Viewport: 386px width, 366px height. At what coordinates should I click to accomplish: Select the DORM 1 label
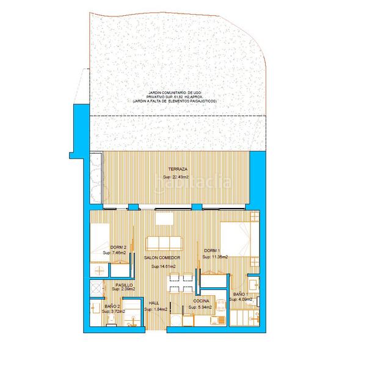[x=211, y=250]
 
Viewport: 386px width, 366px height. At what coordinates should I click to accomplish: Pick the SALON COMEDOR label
[x=162, y=259]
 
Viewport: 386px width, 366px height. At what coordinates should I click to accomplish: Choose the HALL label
[x=153, y=303]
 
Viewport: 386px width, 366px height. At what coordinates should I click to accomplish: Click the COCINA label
[x=202, y=301]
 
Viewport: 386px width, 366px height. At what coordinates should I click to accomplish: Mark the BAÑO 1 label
[x=240, y=295]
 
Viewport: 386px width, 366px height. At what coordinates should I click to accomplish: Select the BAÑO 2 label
[x=111, y=306]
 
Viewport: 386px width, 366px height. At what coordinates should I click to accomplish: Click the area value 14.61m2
[x=164, y=267]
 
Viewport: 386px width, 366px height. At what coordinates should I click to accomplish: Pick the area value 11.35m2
[x=214, y=257]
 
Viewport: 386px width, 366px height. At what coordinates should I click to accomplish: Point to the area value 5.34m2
[x=200, y=308]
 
